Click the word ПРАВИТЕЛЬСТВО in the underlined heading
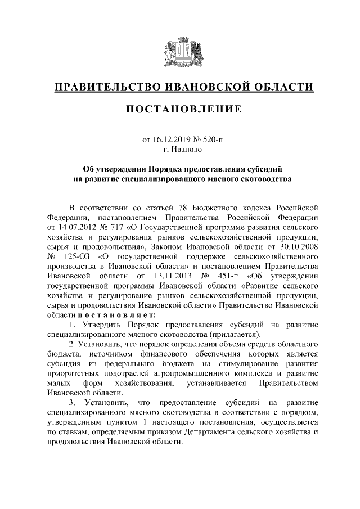pyautogui.click(x=104, y=87)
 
